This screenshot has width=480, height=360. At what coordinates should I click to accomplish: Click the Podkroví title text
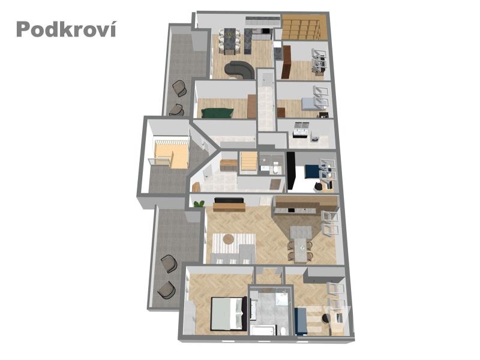coord(66,29)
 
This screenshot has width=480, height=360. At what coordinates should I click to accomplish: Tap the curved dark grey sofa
coord(239,70)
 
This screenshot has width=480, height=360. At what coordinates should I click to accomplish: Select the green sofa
coord(218,113)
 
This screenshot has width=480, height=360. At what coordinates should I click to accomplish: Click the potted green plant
coord(199,203)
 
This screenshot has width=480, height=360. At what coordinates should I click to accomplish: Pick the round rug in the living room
coord(229,239)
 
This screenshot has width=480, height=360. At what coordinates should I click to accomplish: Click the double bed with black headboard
coord(229,314)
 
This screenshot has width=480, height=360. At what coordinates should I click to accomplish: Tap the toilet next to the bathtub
coord(283,331)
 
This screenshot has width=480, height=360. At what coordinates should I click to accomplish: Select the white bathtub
coord(263,330)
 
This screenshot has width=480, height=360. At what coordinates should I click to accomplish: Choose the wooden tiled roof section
coord(304,27)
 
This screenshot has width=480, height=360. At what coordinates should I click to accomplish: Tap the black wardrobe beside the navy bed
coord(291,171)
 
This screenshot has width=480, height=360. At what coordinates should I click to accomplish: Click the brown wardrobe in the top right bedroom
coord(286,62)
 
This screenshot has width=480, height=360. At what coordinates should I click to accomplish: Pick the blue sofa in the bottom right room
coord(301,321)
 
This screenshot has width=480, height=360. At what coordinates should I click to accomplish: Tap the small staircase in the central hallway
coord(248,163)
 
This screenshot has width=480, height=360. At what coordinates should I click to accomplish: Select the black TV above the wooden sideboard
coord(229,200)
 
